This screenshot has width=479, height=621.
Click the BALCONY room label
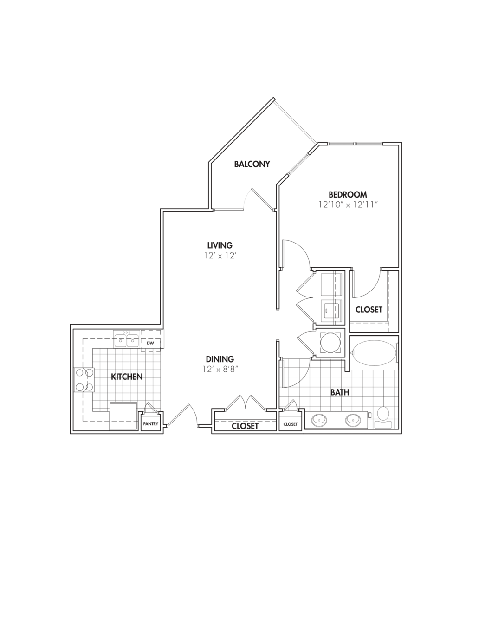point(252,164)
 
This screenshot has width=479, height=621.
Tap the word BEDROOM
point(348,195)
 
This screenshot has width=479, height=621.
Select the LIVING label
point(220,245)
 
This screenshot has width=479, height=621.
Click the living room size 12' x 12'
point(220,255)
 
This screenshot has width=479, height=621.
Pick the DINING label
point(220,359)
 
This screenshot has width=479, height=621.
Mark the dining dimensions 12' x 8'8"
point(220,369)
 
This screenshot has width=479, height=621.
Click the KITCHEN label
point(127,377)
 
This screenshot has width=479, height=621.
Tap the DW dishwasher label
point(150,344)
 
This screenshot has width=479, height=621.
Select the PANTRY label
point(151,424)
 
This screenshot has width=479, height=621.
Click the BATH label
point(340,393)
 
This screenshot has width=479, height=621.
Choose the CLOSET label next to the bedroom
point(369,310)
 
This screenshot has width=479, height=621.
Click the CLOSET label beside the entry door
point(245,426)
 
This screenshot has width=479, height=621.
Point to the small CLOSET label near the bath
point(290,424)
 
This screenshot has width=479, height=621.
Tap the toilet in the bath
point(383,416)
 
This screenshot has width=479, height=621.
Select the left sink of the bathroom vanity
point(319,420)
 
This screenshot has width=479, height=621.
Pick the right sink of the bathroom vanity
point(353,420)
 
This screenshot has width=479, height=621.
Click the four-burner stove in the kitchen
point(84,380)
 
